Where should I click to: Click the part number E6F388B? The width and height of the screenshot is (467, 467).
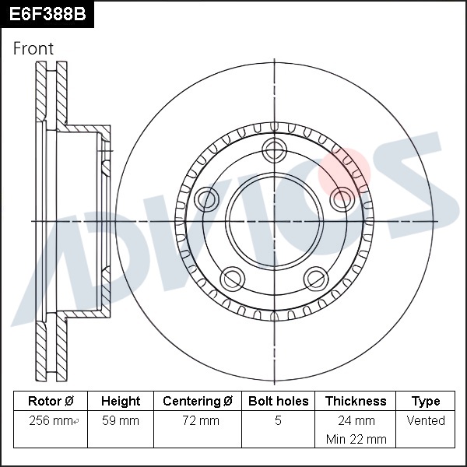click(x=47, y=14)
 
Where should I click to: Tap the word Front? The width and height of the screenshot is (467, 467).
click(x=33, y=48)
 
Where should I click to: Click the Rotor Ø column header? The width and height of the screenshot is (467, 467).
click(x=51, y=401)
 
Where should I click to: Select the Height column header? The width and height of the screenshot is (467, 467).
click(x=121, y=401)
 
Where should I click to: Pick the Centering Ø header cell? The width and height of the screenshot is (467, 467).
click(x=198, y=401)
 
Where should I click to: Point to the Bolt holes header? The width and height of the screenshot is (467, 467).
click(x=278, y=401)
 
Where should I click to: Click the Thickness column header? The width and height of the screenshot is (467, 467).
click(x=356, y=401)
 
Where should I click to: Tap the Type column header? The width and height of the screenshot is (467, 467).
click(x=426, y=402)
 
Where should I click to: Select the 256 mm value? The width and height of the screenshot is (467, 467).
click(x=51, y=420)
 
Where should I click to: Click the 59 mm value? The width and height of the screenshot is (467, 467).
click(x=121, y=420)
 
